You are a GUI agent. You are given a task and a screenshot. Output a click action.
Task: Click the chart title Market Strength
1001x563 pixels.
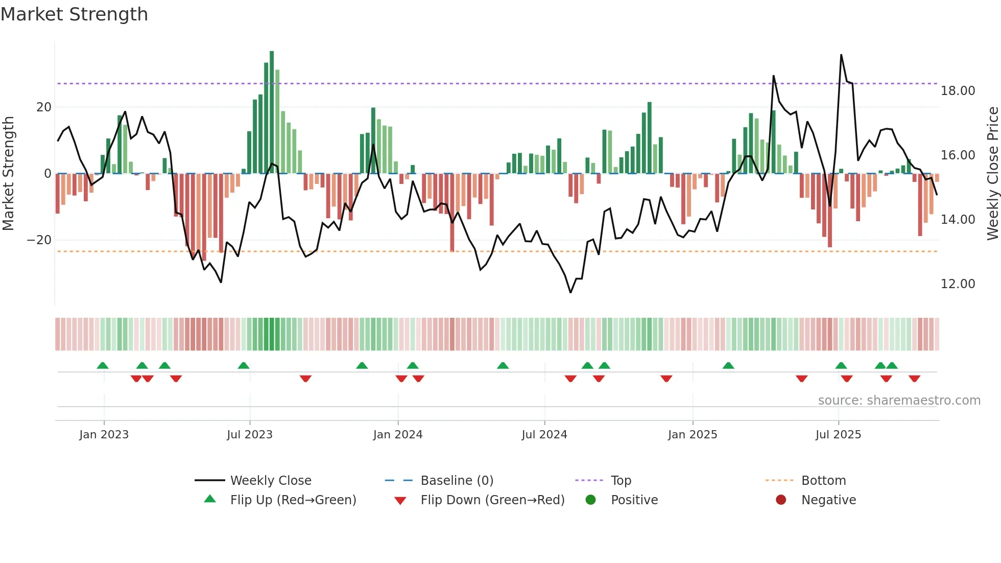pyautogui.click(x=74, y=14)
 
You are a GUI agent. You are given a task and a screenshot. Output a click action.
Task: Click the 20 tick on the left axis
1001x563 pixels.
pyautogui.click(x=44, y=107)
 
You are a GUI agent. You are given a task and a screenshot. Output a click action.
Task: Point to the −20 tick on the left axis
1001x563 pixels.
pyautogui.click(x=39, y=240)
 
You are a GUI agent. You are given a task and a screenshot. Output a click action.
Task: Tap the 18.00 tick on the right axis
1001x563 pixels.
pyautogui.click(x=958, y=91)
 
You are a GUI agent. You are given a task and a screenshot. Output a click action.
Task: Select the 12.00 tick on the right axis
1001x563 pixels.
pyautogui.click(x=958, y=284)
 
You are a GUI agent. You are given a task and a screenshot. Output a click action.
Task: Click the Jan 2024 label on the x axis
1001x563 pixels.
pyautogui.click(x=398, y=435)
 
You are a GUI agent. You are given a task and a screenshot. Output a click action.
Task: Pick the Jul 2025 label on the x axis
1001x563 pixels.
pyautogui.click(x=838, y=435)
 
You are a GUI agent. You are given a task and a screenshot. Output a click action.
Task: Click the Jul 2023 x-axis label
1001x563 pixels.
pyautogui.click(x=250, y=435)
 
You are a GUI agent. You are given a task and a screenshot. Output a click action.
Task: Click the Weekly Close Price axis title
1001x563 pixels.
pyautogui.click(x=992, y=174)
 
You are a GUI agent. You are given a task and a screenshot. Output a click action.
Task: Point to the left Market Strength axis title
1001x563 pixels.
pyautogui.click(x=9, y=174)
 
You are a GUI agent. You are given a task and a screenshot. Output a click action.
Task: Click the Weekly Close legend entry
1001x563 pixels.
pyautogui.click(x=270, y=481)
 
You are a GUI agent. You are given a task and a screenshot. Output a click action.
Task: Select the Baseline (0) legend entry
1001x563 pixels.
pyautogui.click(x=457, y=481)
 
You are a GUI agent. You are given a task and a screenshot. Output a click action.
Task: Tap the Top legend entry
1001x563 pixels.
pyautogui.click(x=621, y=481)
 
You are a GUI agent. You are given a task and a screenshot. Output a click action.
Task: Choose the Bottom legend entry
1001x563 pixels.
pyautogui.click(x=823, y=481)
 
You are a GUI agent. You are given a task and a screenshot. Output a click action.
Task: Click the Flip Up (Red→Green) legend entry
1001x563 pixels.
pyautogui.click(x=293, y=500)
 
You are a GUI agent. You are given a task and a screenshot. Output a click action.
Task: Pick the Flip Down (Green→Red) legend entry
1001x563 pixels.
pyautogui.click(x=492, y=500)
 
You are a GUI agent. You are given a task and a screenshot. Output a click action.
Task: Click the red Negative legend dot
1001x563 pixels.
pyautogui.click(x=781, y=500)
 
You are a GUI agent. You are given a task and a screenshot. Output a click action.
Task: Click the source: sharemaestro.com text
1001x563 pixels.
pyautogui.click(x=899, y=401)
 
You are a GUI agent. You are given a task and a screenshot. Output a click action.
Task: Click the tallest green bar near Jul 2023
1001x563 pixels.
pyautogui.click(x=272, y=112)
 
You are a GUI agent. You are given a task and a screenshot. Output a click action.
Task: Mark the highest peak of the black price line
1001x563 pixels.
pyautogui.click(x=841, y=55)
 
